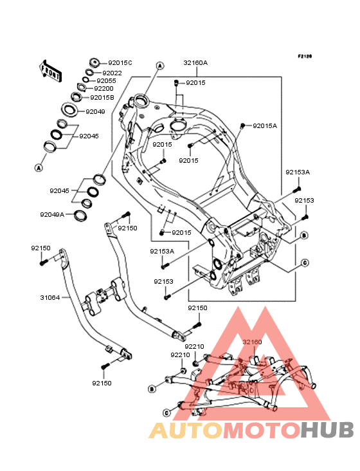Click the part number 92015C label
120,63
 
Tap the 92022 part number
113,73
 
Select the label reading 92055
106,81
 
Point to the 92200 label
104,89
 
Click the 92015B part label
102,98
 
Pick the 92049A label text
52,215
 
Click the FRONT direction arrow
51,71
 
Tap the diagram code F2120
305,56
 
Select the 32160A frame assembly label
195,63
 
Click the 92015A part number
265,126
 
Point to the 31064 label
50,298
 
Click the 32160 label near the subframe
252,342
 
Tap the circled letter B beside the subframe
152,389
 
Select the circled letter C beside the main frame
305,263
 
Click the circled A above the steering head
160,66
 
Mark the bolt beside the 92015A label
243,125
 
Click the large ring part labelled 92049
69,109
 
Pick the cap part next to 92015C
94,63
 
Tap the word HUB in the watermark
328,430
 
